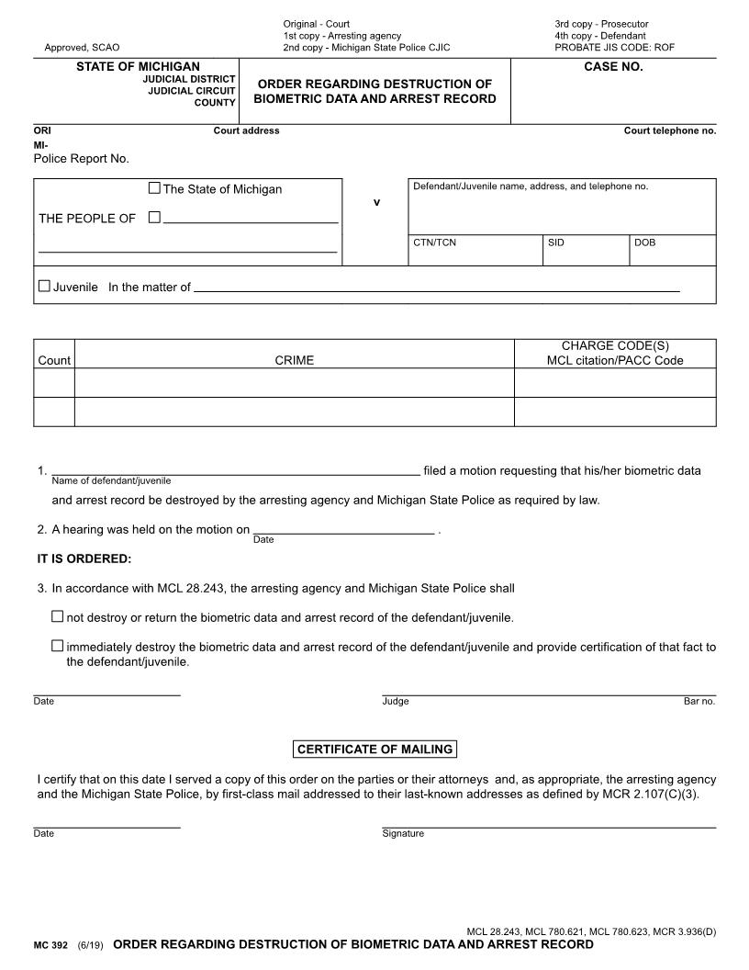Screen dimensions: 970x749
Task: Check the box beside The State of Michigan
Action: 154,188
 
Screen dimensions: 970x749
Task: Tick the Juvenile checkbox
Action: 44,287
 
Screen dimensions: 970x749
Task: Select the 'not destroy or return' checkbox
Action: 58,616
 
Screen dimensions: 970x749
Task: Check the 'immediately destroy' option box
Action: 58,646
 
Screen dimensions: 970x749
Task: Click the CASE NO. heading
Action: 613,67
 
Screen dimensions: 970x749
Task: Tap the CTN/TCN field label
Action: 434,243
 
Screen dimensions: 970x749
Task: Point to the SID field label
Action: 556,243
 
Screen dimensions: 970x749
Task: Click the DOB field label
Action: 644,243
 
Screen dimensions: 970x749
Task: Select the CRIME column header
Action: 294,361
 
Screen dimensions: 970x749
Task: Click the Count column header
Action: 54,361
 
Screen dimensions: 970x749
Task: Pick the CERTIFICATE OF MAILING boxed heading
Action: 374,750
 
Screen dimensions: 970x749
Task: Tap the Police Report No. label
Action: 81,159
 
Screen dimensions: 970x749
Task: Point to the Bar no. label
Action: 699,702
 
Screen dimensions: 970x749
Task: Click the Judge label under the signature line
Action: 396,702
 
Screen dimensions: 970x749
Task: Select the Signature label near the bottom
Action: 403,834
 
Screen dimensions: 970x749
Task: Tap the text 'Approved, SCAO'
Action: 82,47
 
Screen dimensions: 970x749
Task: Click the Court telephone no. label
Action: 669,130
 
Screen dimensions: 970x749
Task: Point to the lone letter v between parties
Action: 375,202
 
